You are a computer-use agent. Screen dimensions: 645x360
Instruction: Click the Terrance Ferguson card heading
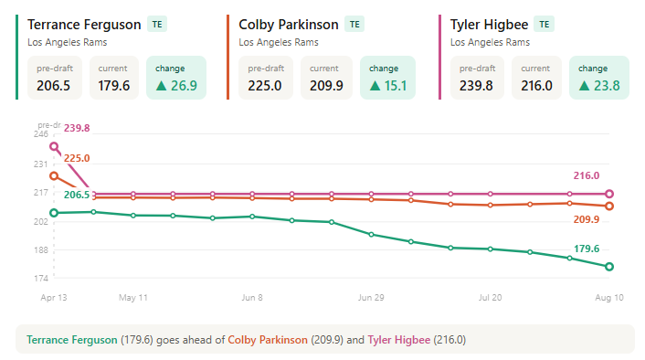click(84, 25)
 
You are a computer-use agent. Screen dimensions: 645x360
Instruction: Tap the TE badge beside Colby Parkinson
click(354, 25)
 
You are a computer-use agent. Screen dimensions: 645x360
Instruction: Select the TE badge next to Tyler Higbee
click(545, 25)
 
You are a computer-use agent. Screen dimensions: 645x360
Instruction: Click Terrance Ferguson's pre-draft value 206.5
click(54, 86)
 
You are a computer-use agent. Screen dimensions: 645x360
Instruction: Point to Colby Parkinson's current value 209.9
click(326, 86)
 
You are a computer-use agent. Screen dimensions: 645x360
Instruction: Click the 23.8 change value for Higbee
click(607, 86)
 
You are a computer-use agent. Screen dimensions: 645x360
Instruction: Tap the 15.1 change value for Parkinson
click(396, 86)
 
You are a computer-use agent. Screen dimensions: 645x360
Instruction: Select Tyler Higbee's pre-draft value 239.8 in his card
click(476, 86)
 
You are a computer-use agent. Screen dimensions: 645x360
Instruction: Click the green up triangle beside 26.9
click(161, 86)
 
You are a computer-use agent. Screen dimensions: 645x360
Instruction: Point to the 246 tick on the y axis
click(41, 134)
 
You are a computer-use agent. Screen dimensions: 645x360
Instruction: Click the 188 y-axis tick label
click(41, 249)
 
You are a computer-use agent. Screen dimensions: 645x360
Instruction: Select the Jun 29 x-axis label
click(371, 298)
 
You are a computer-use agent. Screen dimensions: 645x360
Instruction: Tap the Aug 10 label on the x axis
click(609, 298)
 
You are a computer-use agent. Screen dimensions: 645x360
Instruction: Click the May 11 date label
click(132, 298)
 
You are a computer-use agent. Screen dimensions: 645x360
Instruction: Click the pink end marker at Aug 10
click(609, 194)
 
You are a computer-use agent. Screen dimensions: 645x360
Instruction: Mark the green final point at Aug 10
click(609, 267)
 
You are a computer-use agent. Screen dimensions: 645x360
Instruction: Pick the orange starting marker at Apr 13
click(54, 176)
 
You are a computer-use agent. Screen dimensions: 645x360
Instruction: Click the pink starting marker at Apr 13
click(54, 146)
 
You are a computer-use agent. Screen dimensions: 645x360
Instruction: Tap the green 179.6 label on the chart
click(587, 249)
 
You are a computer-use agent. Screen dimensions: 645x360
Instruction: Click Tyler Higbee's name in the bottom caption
click(399, 340)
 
